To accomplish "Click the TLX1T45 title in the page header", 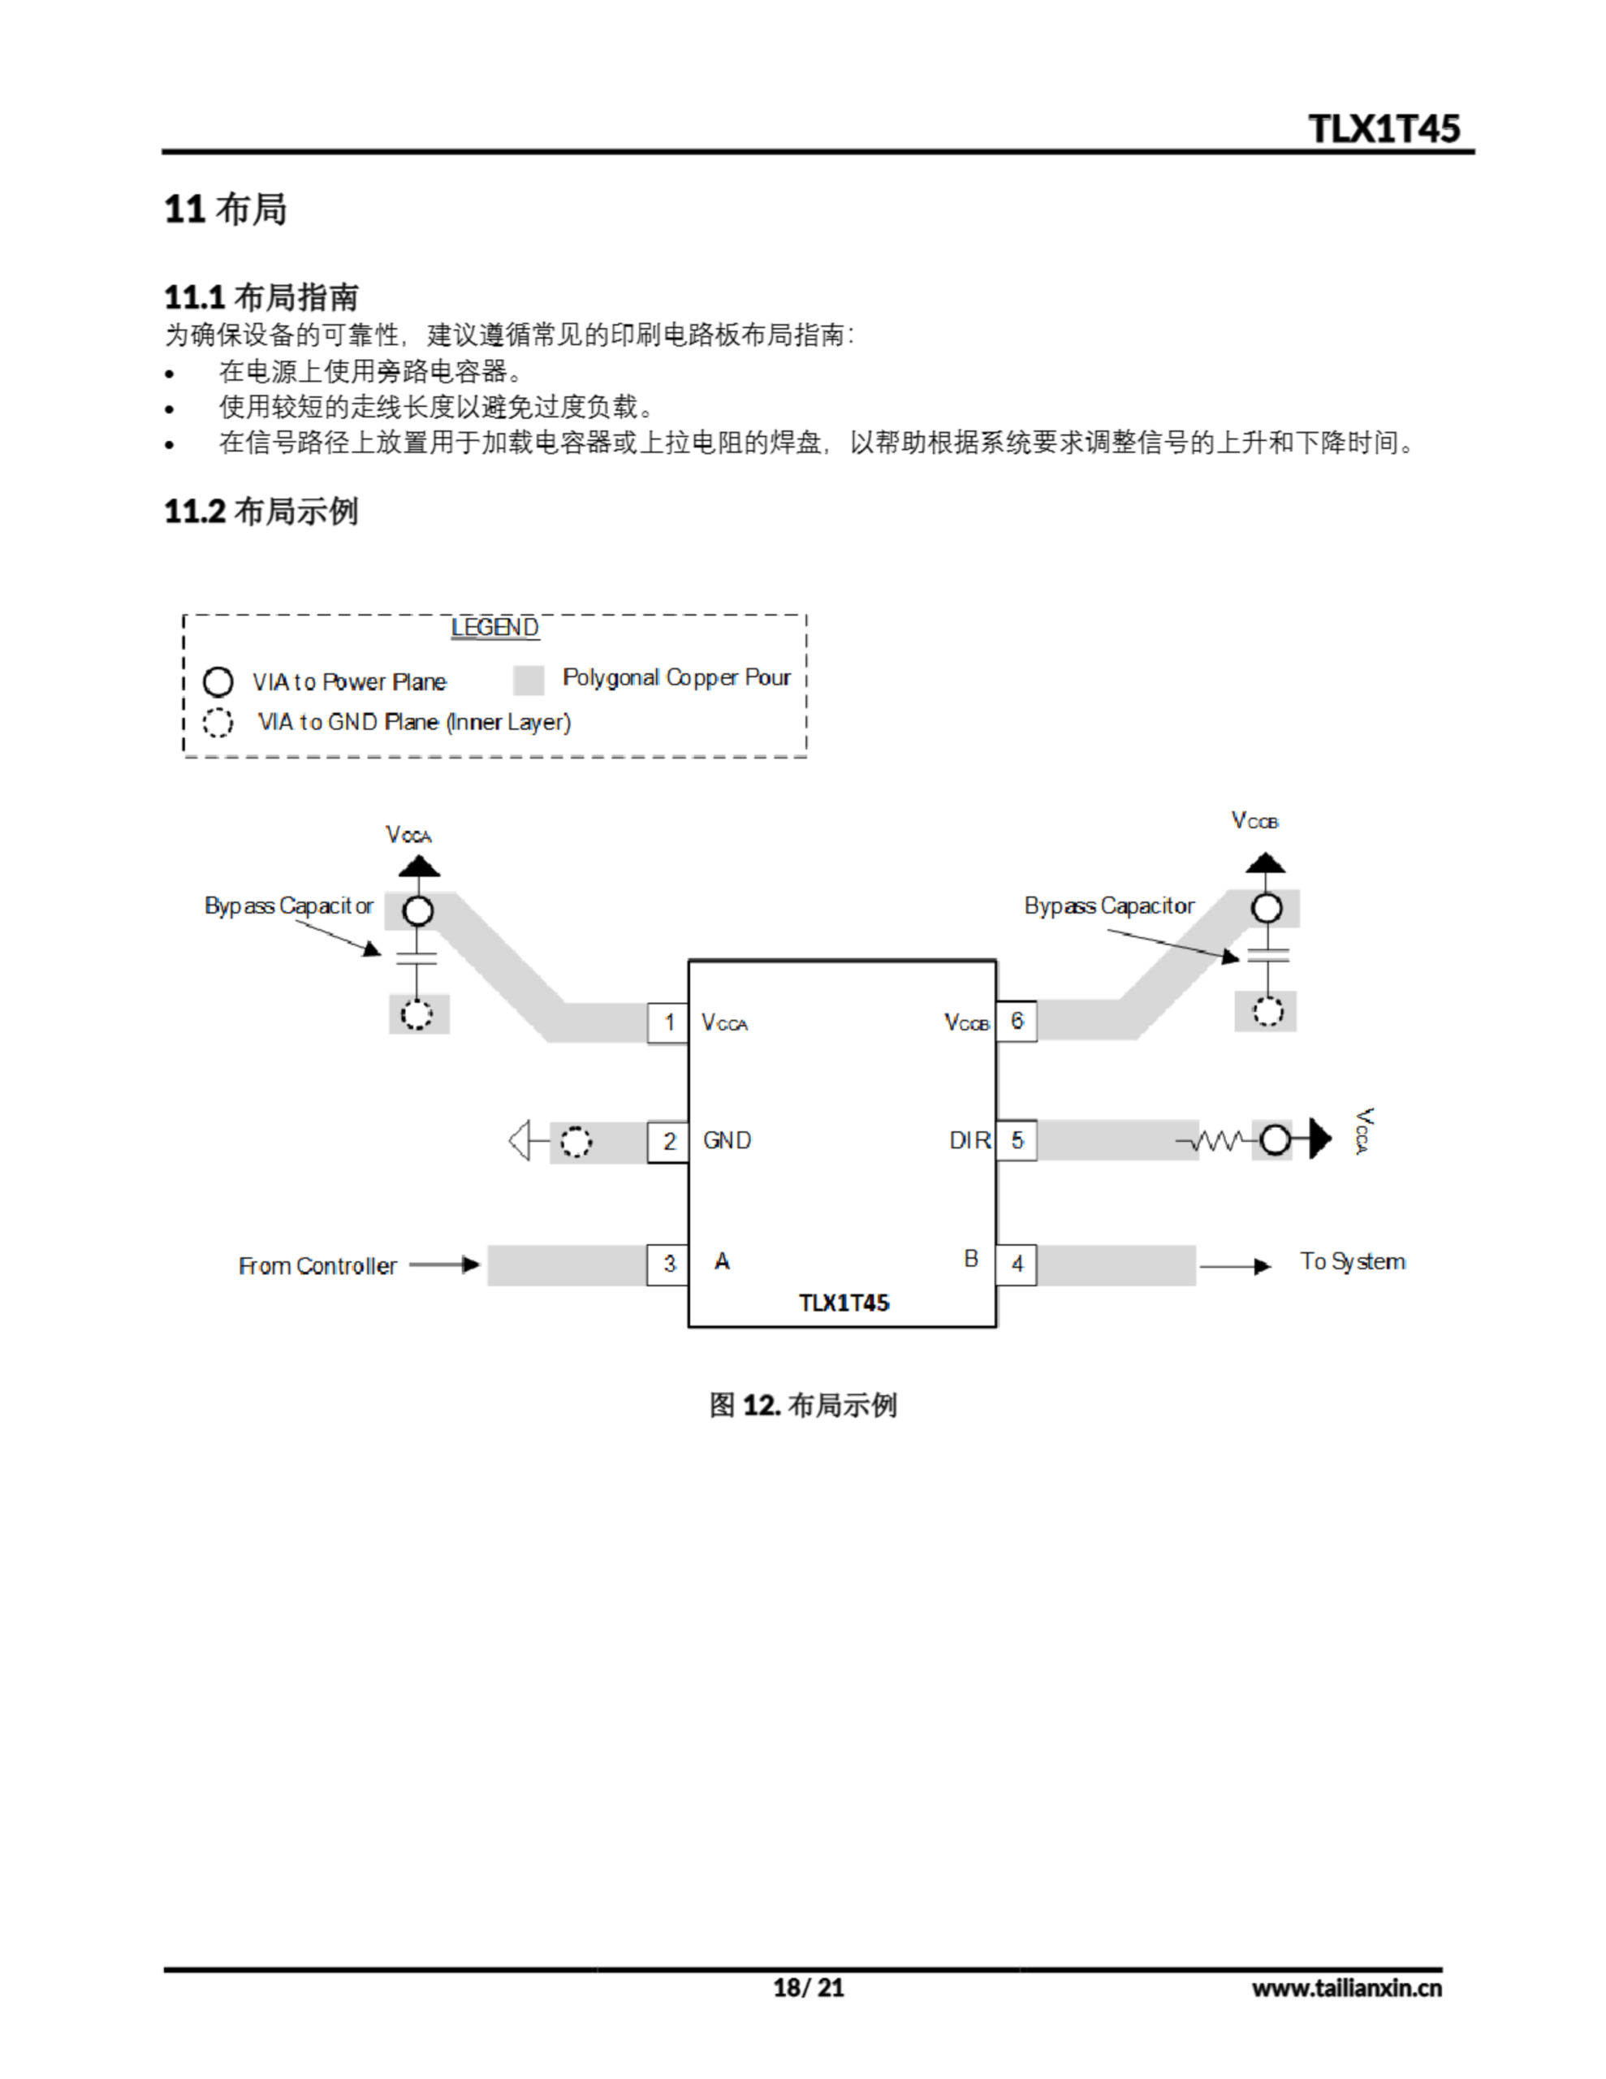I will [x=1384, y=128].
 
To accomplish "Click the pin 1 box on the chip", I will [x=668, y=1022].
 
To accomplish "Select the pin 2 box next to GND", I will [x=668, y=1141].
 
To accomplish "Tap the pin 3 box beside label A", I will [x=668, y=1264].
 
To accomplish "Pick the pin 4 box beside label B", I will [x=1017, y=1264].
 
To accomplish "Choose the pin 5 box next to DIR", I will [x=1017, y=1140].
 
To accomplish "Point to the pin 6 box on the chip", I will [x=1017, y=1022].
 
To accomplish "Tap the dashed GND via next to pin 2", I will [x=575, y=1141].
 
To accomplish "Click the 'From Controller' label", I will [x=317, y=1266].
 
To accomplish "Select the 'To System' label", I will [x=1352, y=1262].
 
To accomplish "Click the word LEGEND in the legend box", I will [x=494, y=627].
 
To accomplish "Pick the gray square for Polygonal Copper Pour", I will [x=529, y=680].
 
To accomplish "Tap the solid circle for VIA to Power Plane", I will [x=218, y=681].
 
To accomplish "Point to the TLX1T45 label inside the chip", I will [x=844, y=1303].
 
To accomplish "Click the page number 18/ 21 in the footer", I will [x=808, y=1987].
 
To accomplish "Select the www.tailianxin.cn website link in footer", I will [x=1346, y=1987].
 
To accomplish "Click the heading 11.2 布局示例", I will [x=261, y=511].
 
